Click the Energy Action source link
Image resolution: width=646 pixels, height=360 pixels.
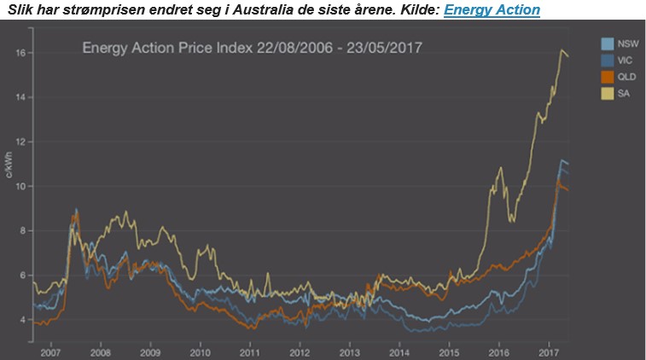[x=492, y=10]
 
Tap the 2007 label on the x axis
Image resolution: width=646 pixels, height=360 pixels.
[x=50, y=351]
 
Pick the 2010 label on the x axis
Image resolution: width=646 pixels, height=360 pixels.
[x=200, y=351]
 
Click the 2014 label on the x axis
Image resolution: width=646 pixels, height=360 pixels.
[x=399, y=351]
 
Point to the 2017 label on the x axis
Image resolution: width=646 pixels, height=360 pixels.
[x=549, y=351]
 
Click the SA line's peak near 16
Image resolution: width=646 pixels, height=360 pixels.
[x=561, y=51]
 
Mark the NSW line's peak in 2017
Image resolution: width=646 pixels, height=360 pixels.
[x=561, y=160]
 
